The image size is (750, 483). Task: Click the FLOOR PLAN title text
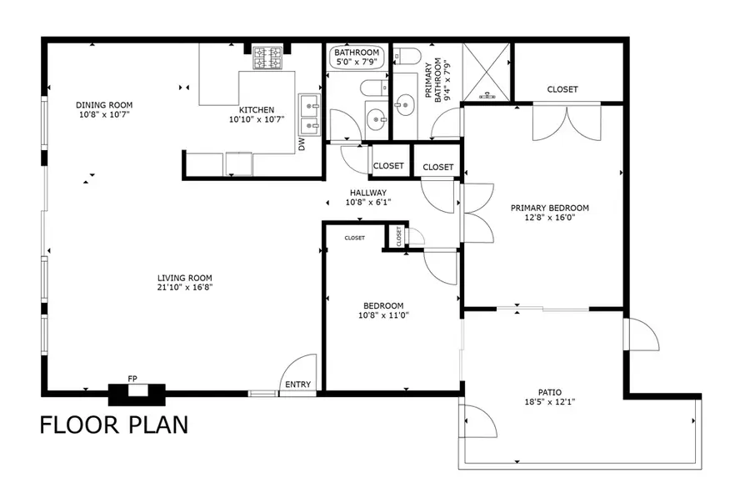tap(114, 425)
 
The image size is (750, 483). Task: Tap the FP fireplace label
tap(132, 380)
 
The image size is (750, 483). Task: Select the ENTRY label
tap(297, 385)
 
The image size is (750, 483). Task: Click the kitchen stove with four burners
tap(271, 57)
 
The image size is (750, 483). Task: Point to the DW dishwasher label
tap(301, 144)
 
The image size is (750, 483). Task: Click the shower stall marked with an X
tap(486, 72)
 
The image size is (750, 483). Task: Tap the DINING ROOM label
tap(104, 105)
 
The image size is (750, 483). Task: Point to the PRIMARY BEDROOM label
tap(550, 209)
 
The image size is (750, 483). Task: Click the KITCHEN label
tap(257, 109)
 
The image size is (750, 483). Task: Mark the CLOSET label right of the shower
tap(562, 89)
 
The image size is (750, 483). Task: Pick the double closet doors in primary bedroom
tap(566, 122)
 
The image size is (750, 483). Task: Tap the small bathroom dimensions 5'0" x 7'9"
tap(357, 62)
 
